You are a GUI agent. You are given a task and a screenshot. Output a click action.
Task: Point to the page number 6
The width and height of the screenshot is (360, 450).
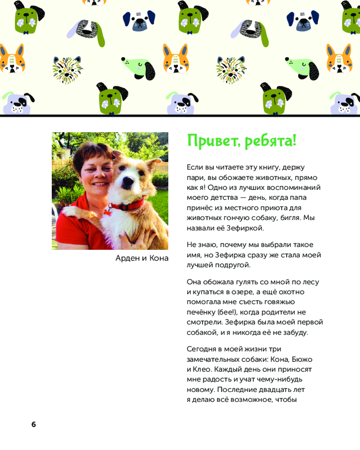point(34,424)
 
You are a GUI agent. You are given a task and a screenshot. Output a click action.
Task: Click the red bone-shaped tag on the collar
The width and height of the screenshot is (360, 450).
point(108,210)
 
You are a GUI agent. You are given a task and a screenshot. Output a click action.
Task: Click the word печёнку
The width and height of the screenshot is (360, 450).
point(202,312)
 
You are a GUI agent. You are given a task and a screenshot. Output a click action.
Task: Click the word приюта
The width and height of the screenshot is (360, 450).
point(270,207)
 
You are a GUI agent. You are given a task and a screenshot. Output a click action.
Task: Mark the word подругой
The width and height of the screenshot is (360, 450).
point(234,265)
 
